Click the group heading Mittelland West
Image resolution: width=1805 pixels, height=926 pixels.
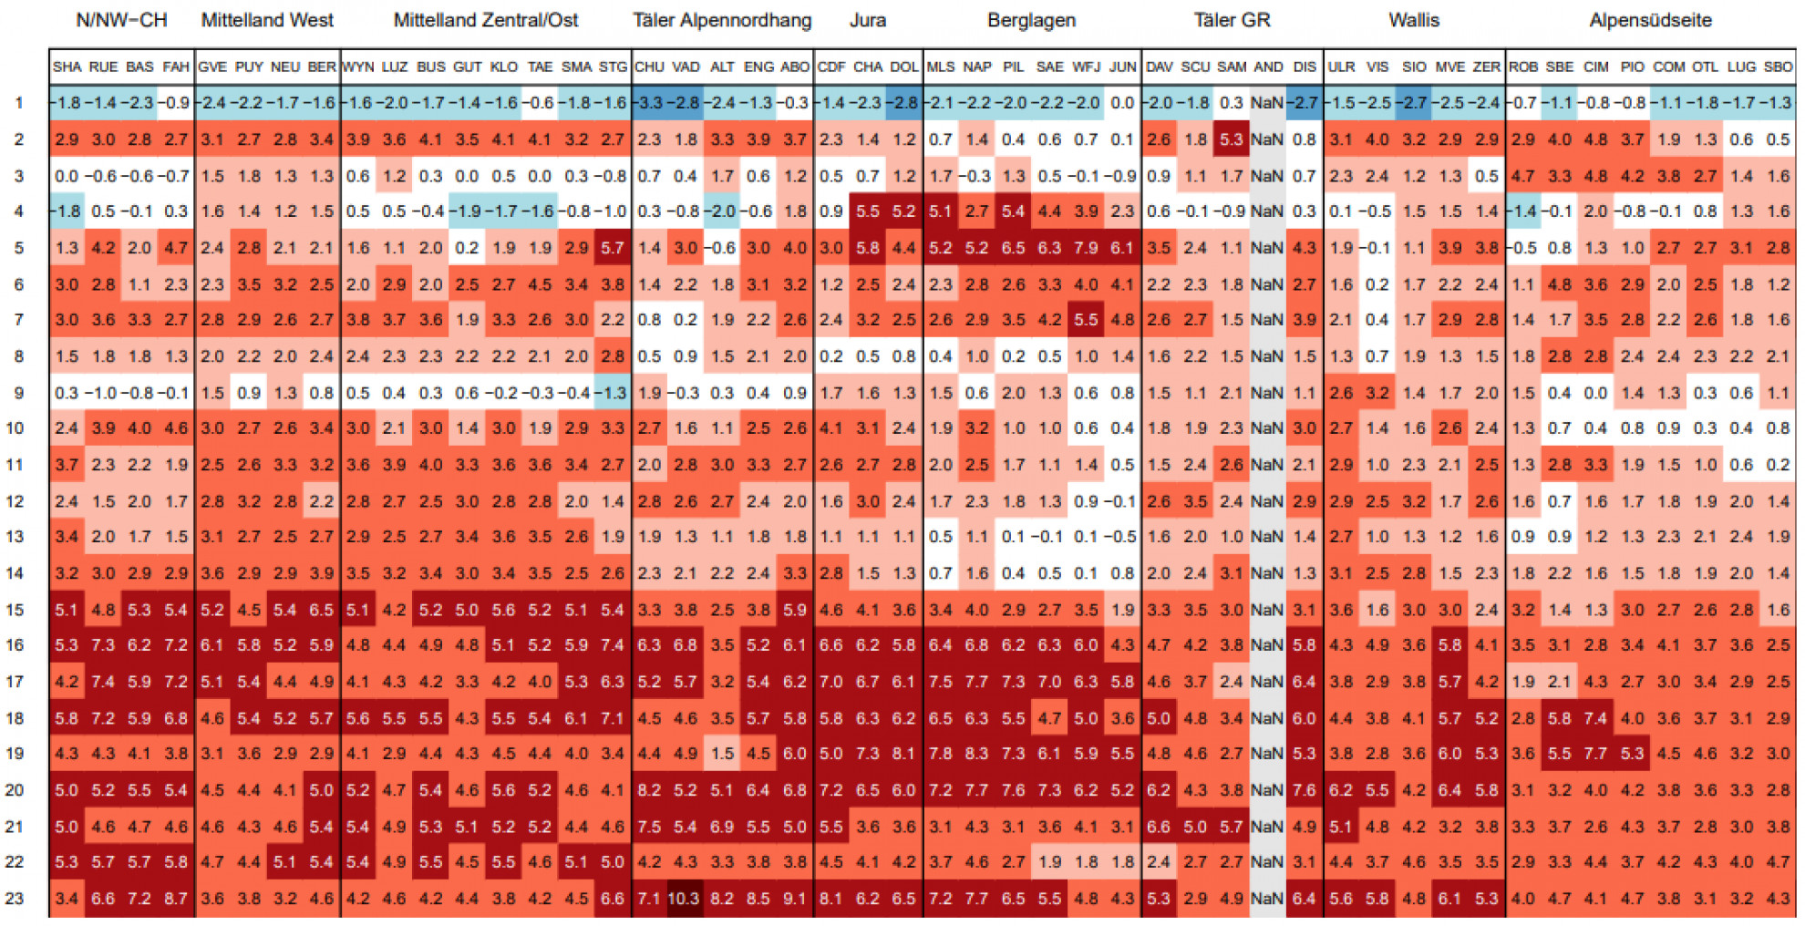(267, 20)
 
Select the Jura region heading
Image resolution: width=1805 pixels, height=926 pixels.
(867, 20)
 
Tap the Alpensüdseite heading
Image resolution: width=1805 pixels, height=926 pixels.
(1650, 20)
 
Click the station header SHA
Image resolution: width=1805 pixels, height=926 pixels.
(67, 67)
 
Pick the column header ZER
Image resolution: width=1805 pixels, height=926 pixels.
(1486, 67)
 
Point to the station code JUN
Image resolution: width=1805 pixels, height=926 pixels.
(1122, 67)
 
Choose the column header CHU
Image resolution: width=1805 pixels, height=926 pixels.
(649, 67)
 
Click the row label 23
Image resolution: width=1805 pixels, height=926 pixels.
(15, 898)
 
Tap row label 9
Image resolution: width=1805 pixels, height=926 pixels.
(18, 393)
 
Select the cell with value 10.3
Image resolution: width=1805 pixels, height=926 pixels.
(685, 898)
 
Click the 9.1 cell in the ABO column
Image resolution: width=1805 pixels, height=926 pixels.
(794, 898)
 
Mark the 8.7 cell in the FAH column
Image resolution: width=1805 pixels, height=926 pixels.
(176, 898)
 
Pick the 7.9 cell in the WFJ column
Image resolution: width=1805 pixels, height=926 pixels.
(1086, 248)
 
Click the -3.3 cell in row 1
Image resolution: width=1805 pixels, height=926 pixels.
(649, 103)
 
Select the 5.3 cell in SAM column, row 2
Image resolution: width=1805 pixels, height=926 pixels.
(1232, 139)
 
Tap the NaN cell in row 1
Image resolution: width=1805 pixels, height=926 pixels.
(1267, 103)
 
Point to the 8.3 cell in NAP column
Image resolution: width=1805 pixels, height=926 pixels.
(976, 754)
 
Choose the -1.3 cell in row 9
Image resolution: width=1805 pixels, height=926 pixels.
(613, 393)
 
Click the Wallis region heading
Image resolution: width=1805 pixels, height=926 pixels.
(1413, 20)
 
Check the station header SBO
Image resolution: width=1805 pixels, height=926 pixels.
(1778, 67)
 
